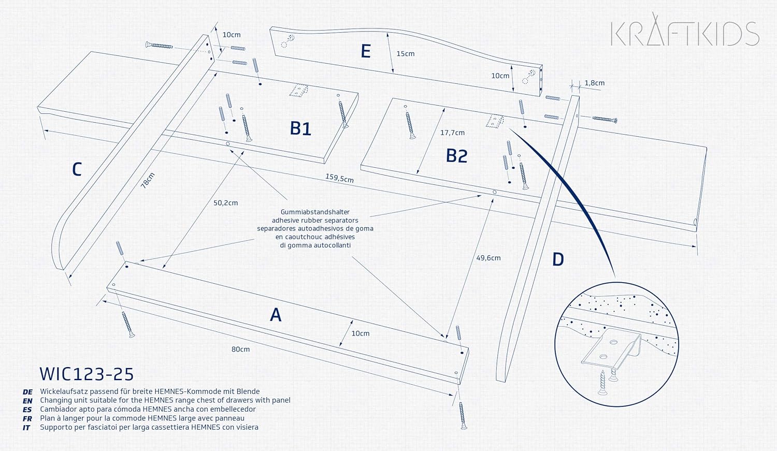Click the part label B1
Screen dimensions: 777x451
click(300, 128)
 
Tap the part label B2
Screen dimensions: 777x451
click(456, 156)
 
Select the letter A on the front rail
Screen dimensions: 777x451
click(276, 315)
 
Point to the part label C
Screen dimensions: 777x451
click(77, 169)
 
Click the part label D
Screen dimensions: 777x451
click(558, 259)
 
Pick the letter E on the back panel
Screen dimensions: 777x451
click(366, 51)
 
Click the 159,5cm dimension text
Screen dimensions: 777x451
click(339, 178)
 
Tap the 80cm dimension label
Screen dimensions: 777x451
click(241, 349)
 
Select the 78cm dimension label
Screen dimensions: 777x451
click(148, 180)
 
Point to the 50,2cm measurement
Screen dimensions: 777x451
click(225, 203)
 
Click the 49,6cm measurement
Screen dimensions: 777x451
click(488, 258)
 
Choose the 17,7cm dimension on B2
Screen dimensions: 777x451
click(452, 133)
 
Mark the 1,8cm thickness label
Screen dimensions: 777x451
click(595, 83)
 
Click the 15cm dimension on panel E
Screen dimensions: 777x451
click(406, 54)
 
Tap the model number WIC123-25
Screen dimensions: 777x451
click(87, 374)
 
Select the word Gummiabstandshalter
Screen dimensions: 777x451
click(315, 212)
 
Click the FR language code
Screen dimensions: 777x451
click(27, 419)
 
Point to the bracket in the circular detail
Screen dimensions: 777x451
click(611, 350)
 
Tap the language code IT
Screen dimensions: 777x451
click(26, 428)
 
